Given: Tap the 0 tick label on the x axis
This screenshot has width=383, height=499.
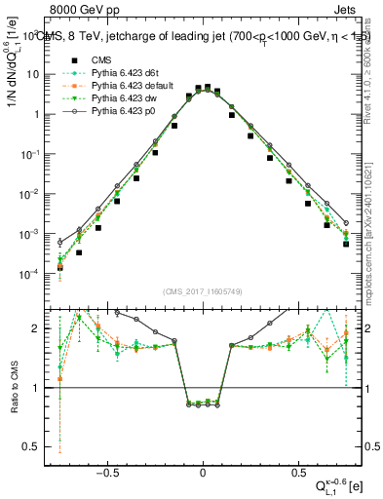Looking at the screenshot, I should tap(203, 475).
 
